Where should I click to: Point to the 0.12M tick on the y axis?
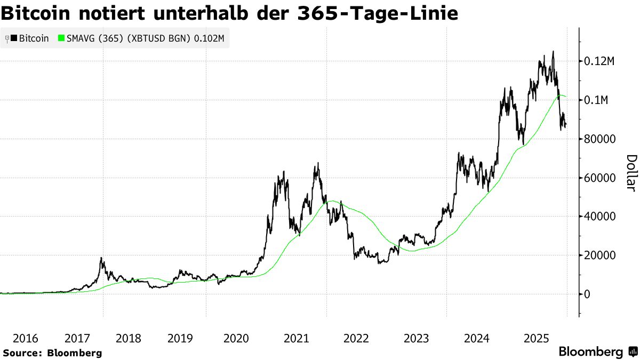pyautogui.click(x=599, y=62)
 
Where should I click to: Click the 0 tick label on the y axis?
pyautogui.click(x=587, y=294)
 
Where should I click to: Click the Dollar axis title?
pyautogui.click(x=631, y=173)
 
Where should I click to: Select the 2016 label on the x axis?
pyautogui.click(x=25, y=338)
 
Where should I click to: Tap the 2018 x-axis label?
pyautogui.click(x=128, y=338)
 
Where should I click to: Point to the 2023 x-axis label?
pyautogui.click(x=416, y=338)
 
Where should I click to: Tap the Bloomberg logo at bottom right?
pyautogui.click(x=597, y=352)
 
